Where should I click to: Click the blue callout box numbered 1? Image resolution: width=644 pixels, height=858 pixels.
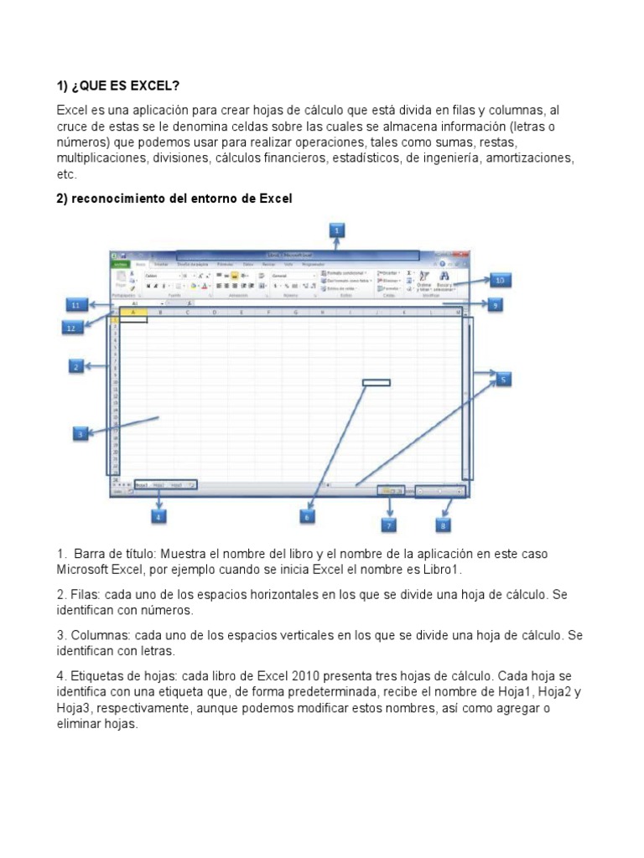[x=335, y=230]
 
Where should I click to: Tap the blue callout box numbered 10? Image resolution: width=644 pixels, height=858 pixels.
[x=499, y=280]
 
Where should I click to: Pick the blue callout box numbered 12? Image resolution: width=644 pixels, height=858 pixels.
[x=72, y=328]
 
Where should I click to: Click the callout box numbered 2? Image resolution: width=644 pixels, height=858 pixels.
[x=75, y=366]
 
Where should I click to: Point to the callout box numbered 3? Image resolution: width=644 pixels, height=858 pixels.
[x=80, y=434]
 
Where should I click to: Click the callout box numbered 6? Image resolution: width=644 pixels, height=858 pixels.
[x=307, y=518]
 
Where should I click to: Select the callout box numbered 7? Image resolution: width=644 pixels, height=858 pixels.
[x=389, y=525]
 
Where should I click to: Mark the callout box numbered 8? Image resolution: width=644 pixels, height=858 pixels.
[x=443, y=525]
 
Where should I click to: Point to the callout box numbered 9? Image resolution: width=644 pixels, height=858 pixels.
[x=496, y=306]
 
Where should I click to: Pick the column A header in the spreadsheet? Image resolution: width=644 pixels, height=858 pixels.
[x=132, y=313]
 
